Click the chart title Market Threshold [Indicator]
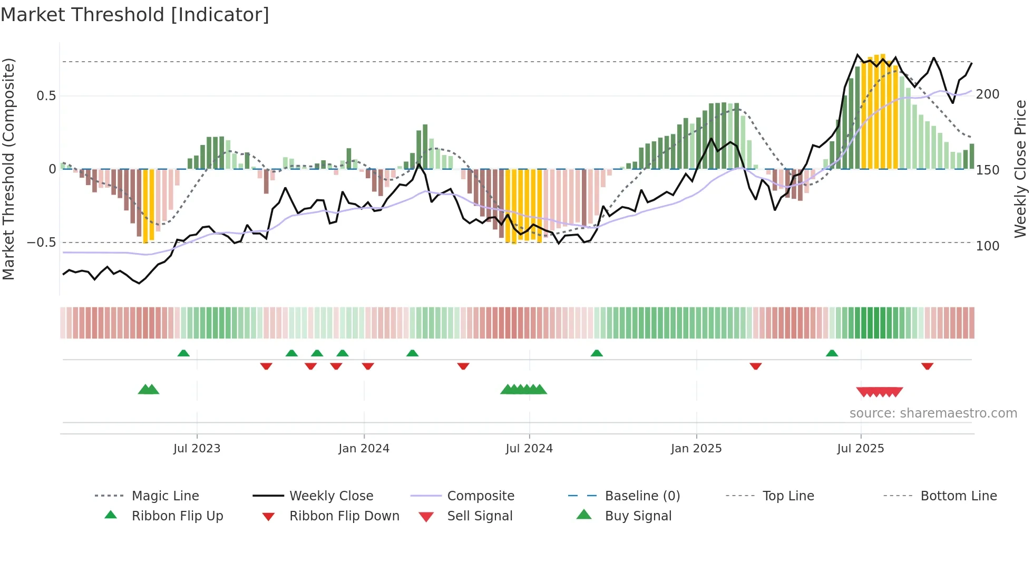pyautogui.click(x=135, y=15)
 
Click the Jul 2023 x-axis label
pyautogui.click(x=197, y=449)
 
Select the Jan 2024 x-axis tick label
pyautogui.click(x=364, y=449)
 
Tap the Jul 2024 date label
pyautogui.click(x=529, y=449)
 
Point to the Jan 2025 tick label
pyautogui.click(x=696, y=449)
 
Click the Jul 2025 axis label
pyautogui.click(x=860, y=449)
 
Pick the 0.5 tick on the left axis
pyautogui.click(x=46, y=96)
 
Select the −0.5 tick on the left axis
pyautogui.click(x=42, y=243)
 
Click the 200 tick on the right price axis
pyautogui.click(x=987, y=94)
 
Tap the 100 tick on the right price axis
pyautogui.click(x=987, y=246)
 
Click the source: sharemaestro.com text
pyautogui.click(x=933, y=413)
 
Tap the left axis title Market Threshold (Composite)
pyautogui.click(x=8, y=169)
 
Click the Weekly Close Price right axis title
pyautogui.click(x=1020, y=169)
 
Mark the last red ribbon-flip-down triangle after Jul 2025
pyautogui.click(x=927, y=366)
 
